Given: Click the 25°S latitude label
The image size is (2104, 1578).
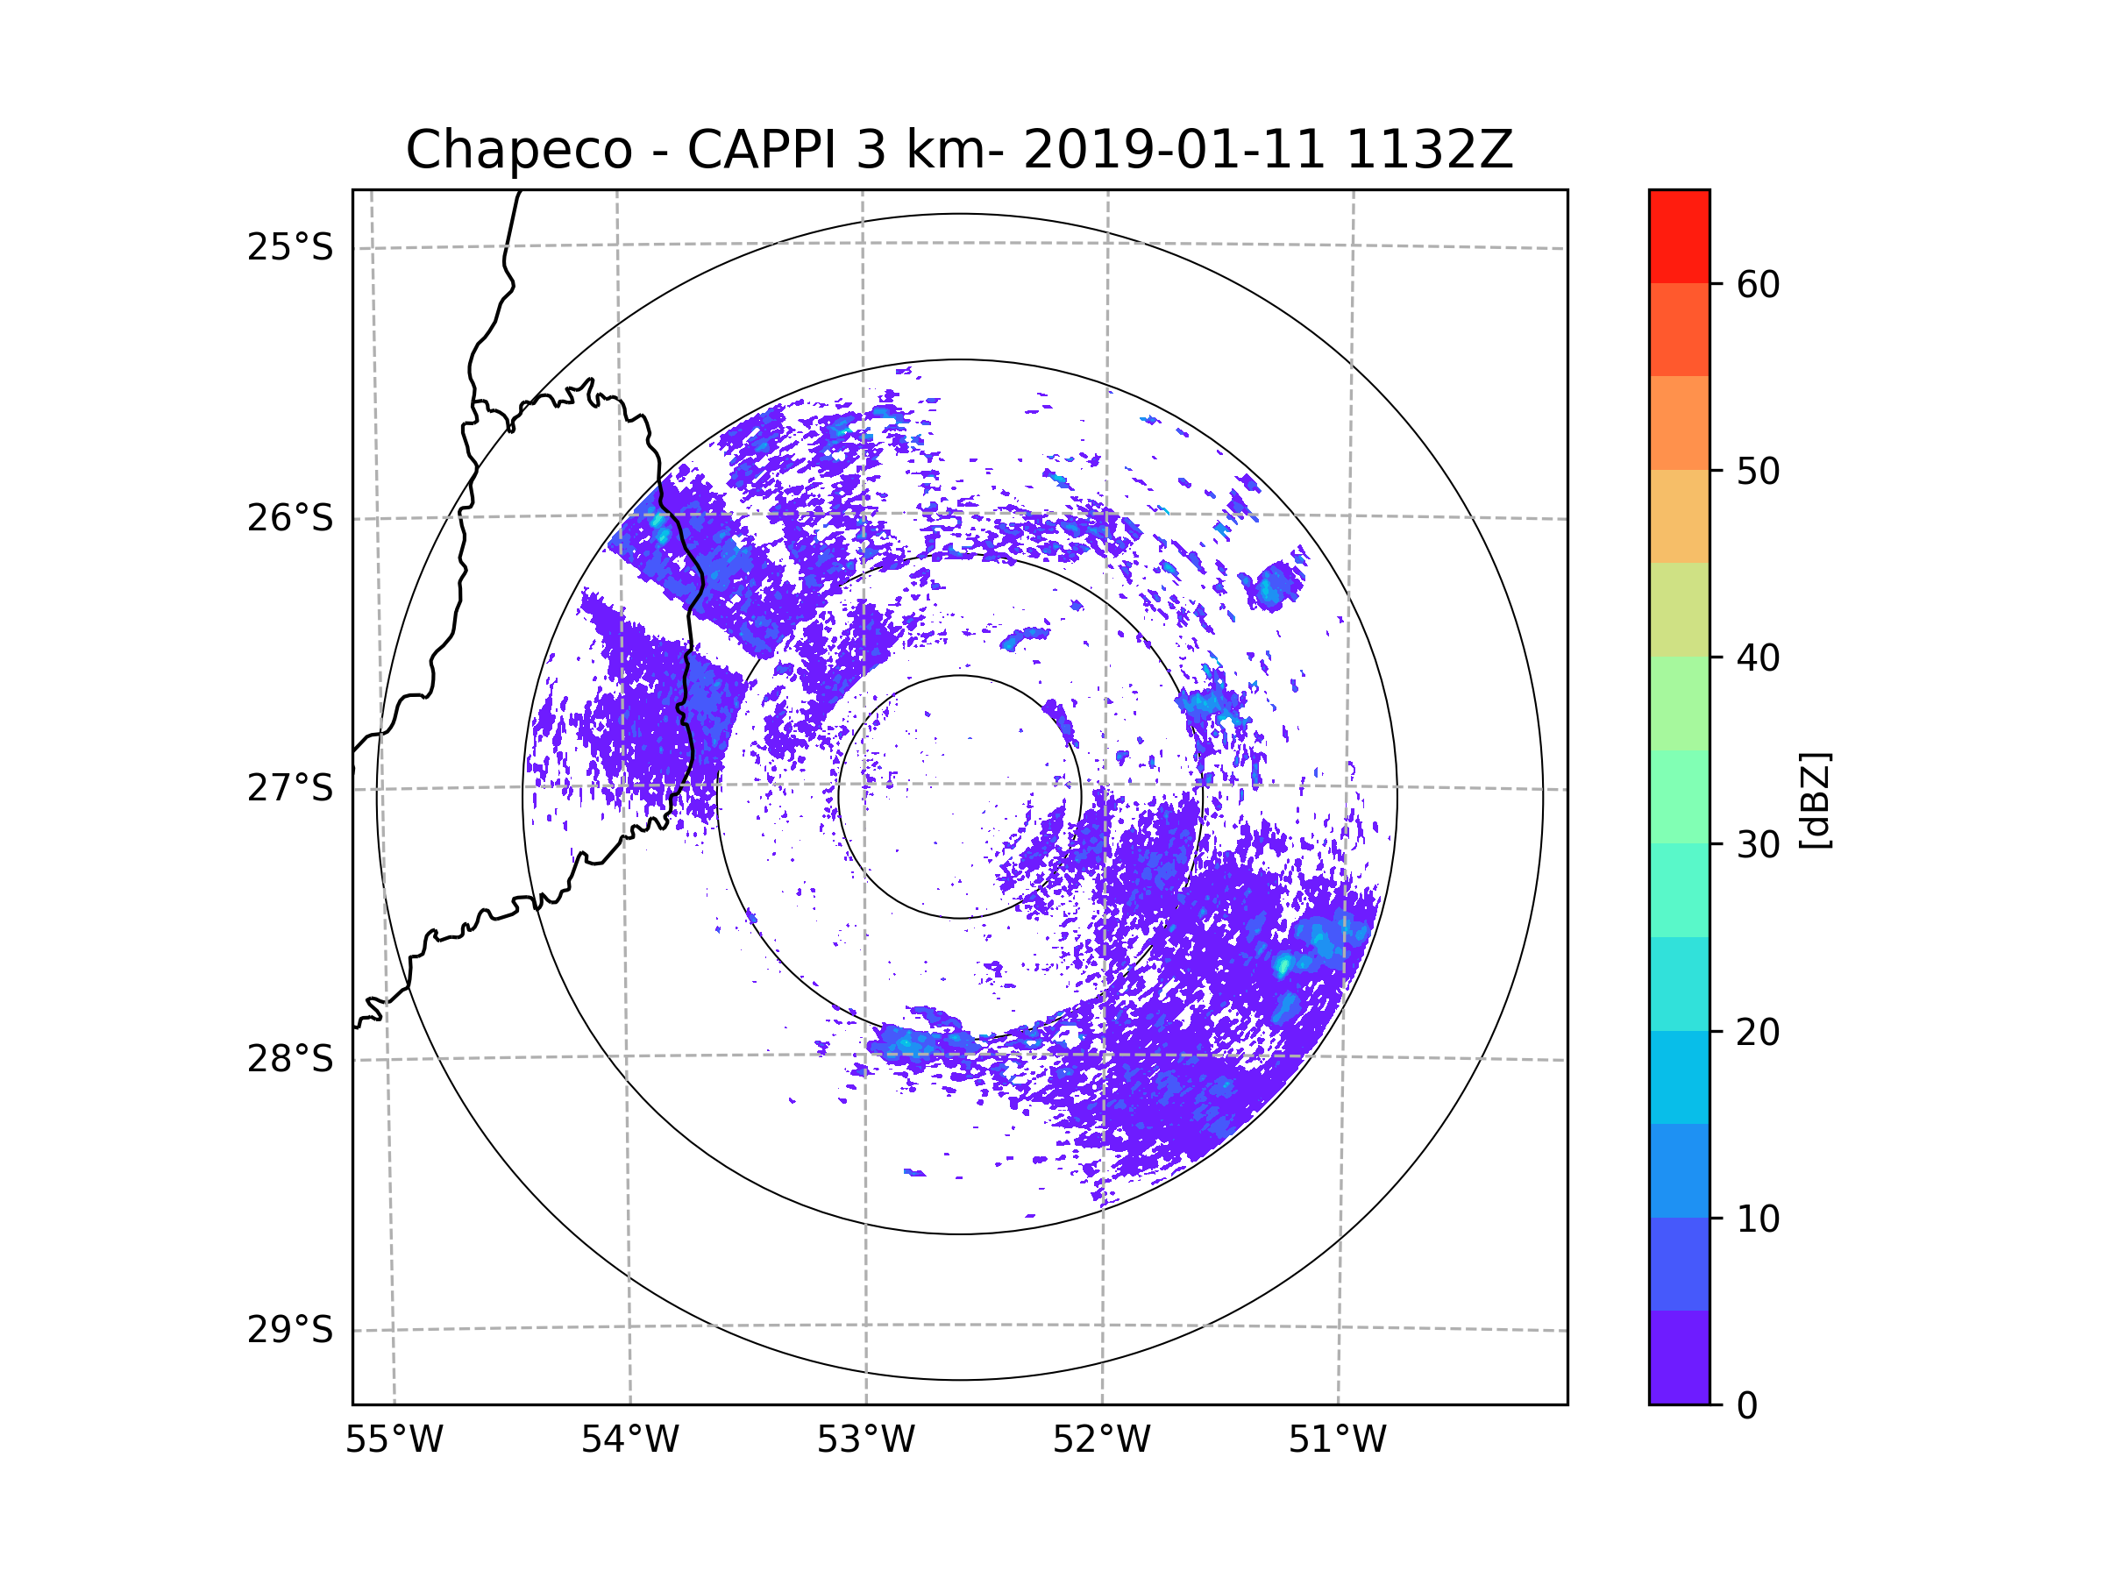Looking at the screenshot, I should click(x=290, y=247).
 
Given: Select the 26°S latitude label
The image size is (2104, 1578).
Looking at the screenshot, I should click(x=290, y=518).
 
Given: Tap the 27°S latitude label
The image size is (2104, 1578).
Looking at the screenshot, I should click(x=290, y=788).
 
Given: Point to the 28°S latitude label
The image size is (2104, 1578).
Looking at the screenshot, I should click(x=290, y=1059).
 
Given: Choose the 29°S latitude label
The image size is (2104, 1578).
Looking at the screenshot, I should click(x=290, y=1330).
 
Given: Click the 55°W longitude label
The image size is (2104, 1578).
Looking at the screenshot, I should click(x=394, y=1440).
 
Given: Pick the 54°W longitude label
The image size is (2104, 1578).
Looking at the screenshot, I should click(x=629, y=1440).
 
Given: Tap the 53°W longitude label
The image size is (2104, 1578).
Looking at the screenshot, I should click(x=865, y=1440).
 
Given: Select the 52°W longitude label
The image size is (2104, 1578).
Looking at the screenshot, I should click(x=1101, y=1440).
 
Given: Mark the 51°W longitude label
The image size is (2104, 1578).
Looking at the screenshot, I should click(x=1337, y=1440).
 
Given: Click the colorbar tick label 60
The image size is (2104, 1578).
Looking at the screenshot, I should click(x=1758, y=284).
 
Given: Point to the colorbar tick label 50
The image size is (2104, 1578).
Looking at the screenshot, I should click(x=1758, y=471).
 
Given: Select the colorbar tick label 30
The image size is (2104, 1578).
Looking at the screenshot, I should click(x=1758, y=844).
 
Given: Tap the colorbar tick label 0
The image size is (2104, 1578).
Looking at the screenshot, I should click(x=1747, y=1406).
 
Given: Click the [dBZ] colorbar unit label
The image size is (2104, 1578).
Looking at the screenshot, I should click(x=1815, y=800).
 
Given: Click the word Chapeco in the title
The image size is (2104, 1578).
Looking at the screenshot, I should click(x=518, y=150).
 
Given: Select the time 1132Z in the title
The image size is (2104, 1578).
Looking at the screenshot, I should click(x=1429, y=150).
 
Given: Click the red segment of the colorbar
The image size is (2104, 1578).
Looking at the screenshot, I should click(x=1679, y=236).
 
